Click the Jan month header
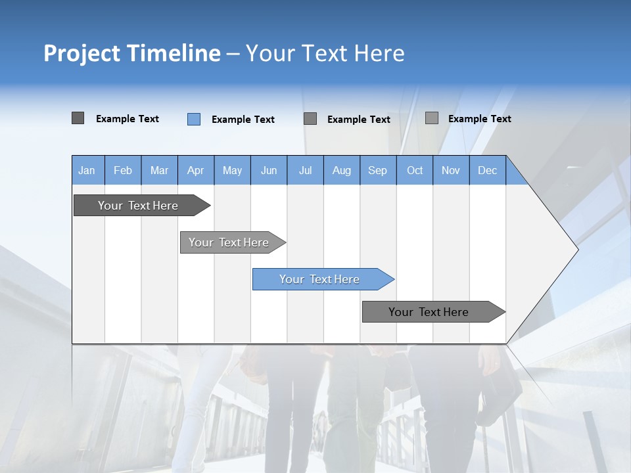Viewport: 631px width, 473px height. [87, 170]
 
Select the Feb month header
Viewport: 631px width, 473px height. [123, 170]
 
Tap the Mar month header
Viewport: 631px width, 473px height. [159, 170]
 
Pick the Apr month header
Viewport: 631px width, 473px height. [196, 170]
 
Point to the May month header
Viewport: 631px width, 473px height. [232, 170]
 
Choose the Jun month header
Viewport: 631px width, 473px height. [269, 170]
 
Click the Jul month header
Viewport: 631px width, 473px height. [305, 170]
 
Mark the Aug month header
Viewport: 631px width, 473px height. [342, 170]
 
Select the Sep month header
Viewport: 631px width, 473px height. [378, 170]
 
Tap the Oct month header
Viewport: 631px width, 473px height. [415, 170]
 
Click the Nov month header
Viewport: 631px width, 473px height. [451, 170]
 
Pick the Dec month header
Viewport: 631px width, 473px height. [488, 170]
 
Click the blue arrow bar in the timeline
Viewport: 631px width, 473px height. [320, 279]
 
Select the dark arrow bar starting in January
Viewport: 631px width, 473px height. [139, 206]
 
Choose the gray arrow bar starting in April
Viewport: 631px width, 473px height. [229, 242]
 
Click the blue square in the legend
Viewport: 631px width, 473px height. [194, 119]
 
